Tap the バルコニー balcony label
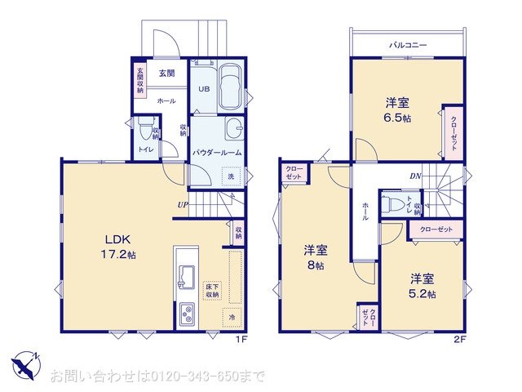408,46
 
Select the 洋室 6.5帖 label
398,109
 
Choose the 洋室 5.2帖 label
422,284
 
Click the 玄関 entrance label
167,73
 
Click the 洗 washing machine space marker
231,177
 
